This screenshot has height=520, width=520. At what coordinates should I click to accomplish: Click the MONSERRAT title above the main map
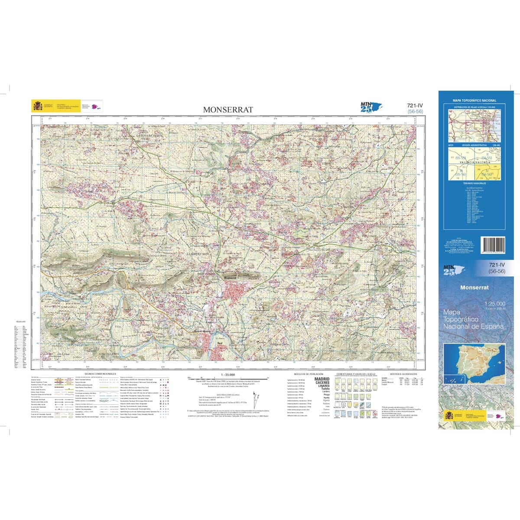[x=228, y=110]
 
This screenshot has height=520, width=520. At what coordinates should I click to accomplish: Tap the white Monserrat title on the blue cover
[x=474, y=287]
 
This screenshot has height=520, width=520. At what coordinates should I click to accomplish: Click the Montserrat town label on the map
[x=230, y=278]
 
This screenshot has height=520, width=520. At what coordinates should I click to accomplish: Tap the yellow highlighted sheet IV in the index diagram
[x=489, y=172]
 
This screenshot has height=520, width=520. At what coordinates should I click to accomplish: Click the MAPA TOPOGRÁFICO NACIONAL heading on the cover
[x=474, y=101]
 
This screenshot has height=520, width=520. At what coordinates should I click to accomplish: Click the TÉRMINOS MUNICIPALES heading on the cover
[x=475, y=183]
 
